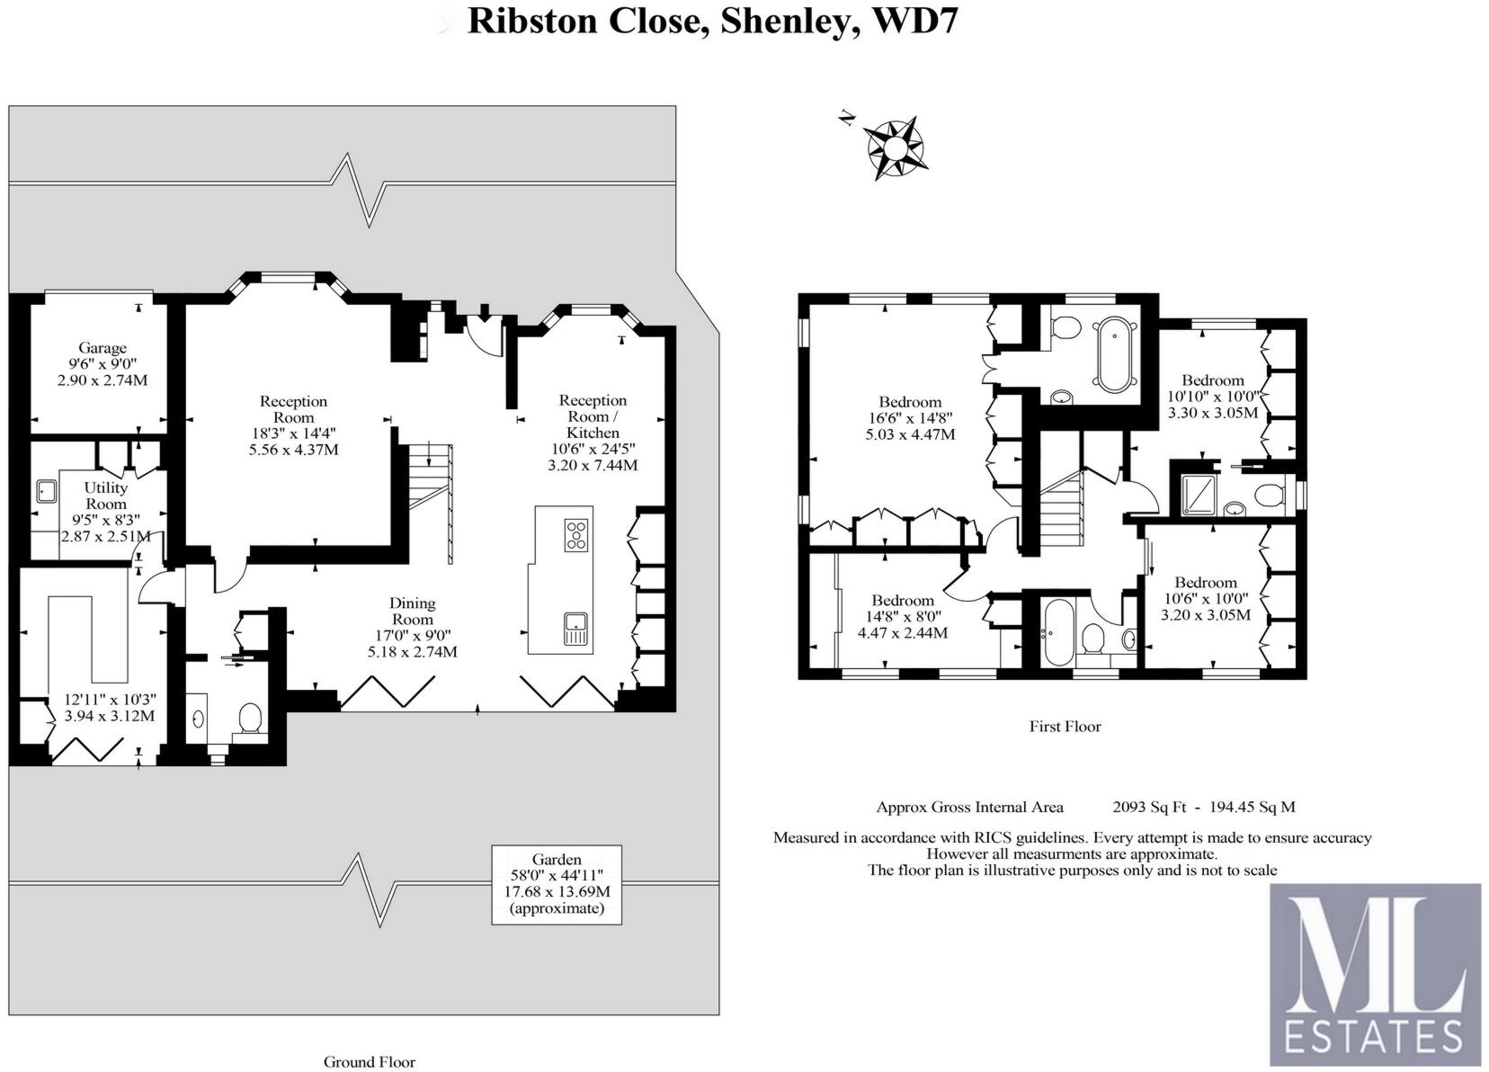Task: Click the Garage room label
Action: pos(102,348)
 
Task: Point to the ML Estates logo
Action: pos(1375,974)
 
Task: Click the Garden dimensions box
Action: pos(557,884)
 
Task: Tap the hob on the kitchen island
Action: pos(576,535)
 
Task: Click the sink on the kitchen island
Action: pos(575,627)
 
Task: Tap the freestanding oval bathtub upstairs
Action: pos(1113,353)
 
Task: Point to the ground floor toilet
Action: pos(249,719)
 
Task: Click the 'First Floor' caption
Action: pos(1065,727)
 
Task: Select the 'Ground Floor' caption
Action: pos(370,1062)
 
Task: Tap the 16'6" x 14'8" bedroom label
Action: pos(910,402)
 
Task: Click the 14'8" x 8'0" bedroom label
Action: pos(903,601)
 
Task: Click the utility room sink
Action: pos(46,491)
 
